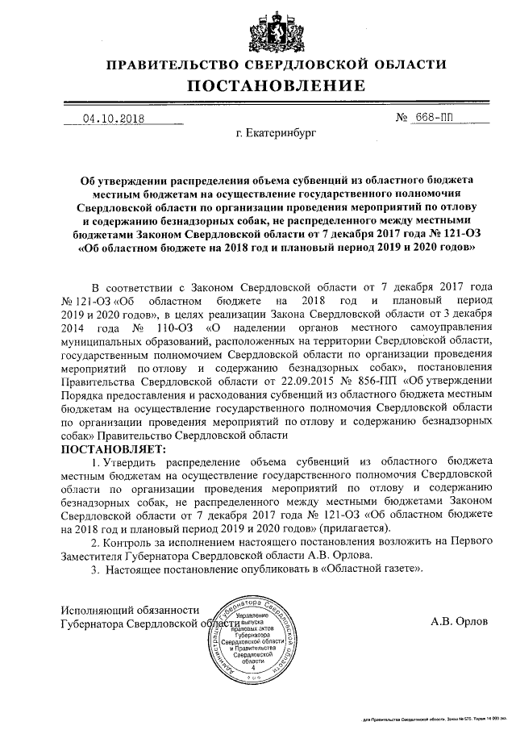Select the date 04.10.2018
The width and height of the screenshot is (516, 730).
[113, 119]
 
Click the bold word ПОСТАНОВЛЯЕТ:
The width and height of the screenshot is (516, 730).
[112, 448]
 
